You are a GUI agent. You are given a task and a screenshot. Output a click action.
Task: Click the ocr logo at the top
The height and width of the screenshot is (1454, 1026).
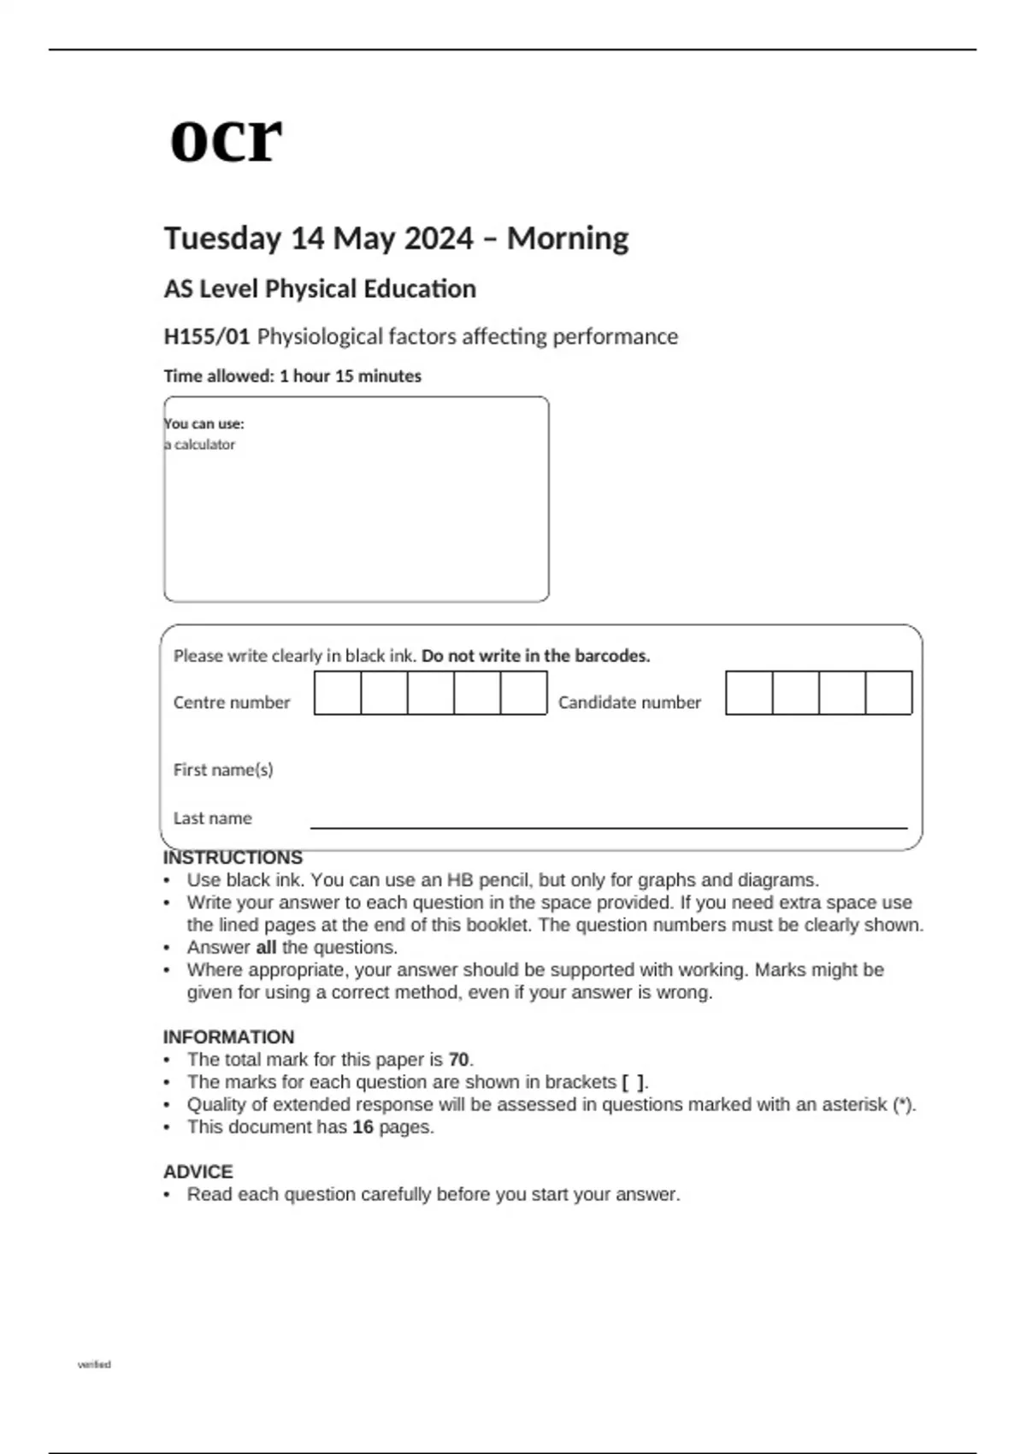[226, 139]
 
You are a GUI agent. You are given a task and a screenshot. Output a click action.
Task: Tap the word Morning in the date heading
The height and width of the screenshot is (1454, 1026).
[568, 238]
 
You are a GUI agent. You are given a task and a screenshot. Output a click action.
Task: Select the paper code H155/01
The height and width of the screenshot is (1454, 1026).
[206, 336]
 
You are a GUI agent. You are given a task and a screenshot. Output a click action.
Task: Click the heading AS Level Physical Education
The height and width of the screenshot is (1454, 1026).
[320, 289]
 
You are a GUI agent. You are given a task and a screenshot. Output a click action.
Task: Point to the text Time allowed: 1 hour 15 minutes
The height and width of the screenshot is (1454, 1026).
[292, 376]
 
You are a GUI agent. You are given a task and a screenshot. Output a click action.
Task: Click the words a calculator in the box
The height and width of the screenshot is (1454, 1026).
[202, 445]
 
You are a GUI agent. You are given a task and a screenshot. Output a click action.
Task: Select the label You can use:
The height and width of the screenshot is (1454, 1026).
[204, 423]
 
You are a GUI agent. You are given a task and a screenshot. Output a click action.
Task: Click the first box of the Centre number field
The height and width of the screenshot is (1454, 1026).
[338, 693]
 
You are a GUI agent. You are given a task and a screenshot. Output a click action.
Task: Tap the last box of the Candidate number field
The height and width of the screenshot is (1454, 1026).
[888, 693]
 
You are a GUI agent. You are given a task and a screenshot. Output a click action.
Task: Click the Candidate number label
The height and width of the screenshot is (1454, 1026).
[629, 702]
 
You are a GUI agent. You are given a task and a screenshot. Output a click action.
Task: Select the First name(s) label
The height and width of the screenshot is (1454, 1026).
[223, 770]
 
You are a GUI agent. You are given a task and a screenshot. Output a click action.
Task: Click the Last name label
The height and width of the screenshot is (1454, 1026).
[213, 819]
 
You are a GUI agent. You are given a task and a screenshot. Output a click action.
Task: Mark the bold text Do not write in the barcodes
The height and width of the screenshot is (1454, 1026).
[536, 656]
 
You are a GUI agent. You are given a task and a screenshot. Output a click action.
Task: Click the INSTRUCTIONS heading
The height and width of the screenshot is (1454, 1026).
[233, 858]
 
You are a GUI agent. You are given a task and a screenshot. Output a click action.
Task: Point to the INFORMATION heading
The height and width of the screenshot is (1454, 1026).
[228, 1037]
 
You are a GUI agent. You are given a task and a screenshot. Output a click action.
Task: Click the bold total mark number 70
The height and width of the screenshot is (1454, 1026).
[458, 1060]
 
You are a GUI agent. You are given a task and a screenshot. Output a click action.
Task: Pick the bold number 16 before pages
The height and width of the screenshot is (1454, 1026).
[363, 1127]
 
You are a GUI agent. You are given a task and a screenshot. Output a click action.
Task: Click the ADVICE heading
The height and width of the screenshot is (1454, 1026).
[198, 1172]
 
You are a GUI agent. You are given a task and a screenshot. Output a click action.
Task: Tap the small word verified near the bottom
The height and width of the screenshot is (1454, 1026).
[94, 1364]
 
